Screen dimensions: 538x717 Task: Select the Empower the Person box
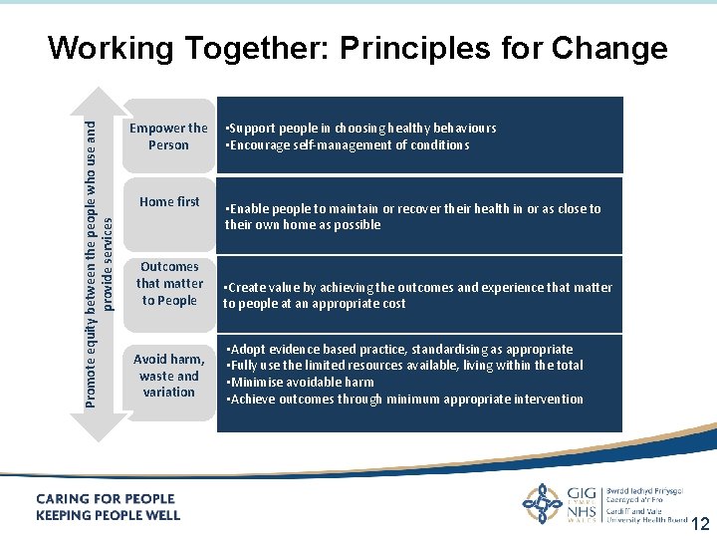(x=169, y=135)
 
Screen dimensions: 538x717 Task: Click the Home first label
(x=169, y=201)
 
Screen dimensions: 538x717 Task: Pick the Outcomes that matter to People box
(x=169, y=284)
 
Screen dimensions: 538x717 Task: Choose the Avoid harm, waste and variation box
(x=169, y=376)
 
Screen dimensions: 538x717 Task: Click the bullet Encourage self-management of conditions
(x=349, y=145)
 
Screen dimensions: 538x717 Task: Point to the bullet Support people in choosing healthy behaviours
(x=361, y=129)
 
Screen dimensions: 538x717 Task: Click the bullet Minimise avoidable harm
(x=301, y=383)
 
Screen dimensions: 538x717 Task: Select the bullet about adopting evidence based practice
(x=400, y=350)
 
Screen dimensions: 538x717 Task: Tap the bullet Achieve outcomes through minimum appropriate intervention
(x=405, y=400)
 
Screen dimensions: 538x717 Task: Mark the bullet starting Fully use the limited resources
(x=405, y=366)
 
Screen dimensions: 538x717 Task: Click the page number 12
(x=700, y=524)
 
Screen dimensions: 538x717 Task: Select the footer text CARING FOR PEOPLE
(x=106, y=499)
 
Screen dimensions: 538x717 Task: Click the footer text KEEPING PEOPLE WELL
(x=109, y=515)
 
